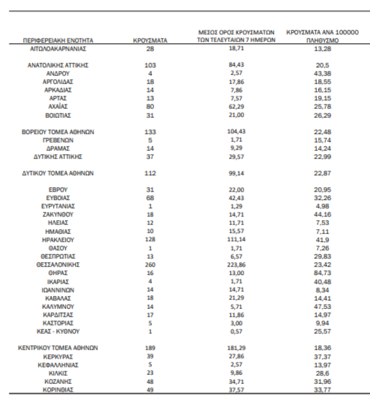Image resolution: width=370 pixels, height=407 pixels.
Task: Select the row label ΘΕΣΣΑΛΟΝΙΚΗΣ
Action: (x=58, y=264)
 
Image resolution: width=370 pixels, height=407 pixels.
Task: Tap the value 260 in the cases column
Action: (x=150, y=264)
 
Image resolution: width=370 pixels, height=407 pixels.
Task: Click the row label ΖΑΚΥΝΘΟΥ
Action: (x=58, y=214)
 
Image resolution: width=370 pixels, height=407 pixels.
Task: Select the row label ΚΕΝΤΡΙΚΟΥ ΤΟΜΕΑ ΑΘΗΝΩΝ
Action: (x=59, y=348)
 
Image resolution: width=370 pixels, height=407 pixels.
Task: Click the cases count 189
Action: (x=150, y=348)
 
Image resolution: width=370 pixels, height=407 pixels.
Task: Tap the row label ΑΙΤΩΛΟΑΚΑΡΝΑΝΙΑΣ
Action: (x=58, y=49)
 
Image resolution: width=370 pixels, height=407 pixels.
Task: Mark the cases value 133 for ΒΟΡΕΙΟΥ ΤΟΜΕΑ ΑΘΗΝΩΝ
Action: (x=150, y=132)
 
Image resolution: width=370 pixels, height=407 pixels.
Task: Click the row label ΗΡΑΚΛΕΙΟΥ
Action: (x=58, y=239)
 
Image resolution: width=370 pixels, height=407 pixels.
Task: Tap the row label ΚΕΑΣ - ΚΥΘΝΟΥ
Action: (x=58, y=330)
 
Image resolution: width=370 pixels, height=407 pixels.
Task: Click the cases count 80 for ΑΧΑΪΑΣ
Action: (x=150, y=107)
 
